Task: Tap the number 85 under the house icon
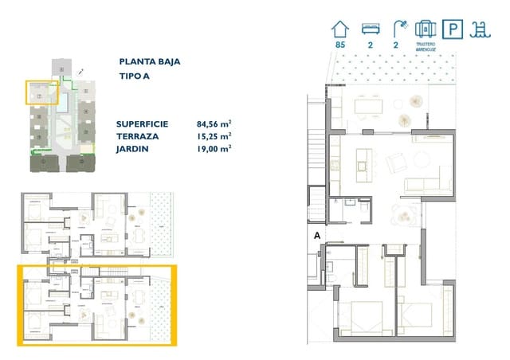pyautogui.click(x=340, y=45)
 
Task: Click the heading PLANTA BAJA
pyautogui.click(x=149, y=61)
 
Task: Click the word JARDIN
pyautogui.click(x=132, y=149)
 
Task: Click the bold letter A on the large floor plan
pyautogui.click(x=317, y=236)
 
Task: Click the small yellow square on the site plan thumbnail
pyautogui.click(x=38, y=93)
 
